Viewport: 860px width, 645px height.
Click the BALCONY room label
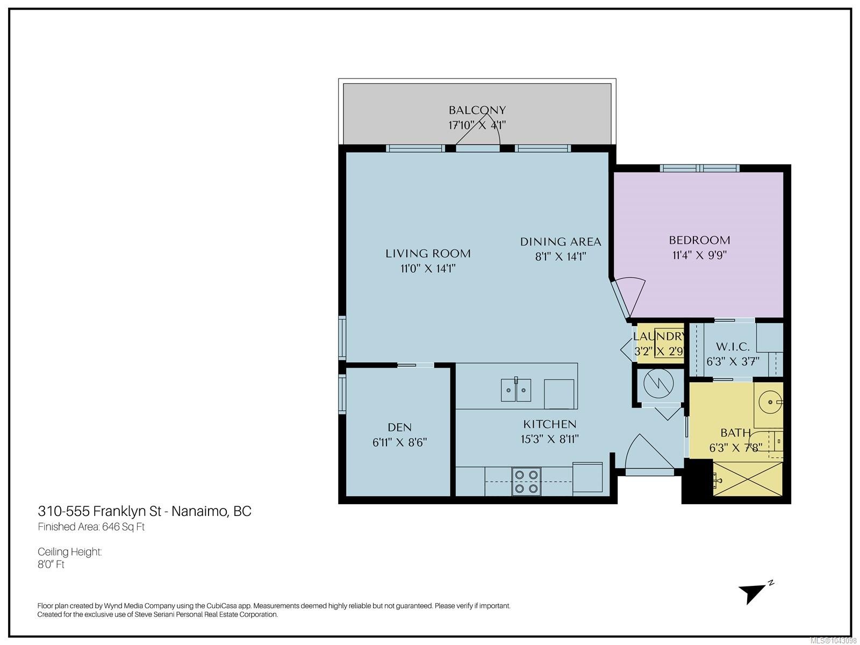click(x=477, y=110)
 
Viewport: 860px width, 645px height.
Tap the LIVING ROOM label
click(x=428, y=253)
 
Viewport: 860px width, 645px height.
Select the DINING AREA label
click(x=560, y=242)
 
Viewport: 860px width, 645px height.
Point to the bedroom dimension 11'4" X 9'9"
click(x=699, y=255)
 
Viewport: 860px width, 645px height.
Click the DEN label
click(x=400, y=427)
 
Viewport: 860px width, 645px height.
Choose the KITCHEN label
click(x=550, y=424)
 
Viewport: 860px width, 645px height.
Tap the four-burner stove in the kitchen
click(x=526, y=481)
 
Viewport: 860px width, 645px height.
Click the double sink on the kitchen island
click(x=516, y=390)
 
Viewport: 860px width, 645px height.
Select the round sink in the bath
click(x=770, y=402)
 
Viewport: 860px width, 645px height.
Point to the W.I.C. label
click(x=733, y=346)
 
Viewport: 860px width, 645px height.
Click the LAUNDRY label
click(x=658, y=336)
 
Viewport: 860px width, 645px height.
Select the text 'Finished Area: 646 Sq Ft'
click(x=91, y=527)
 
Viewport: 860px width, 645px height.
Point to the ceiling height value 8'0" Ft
click(x=51, y=564)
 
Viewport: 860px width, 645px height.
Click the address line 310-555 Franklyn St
click(x=99, y=511)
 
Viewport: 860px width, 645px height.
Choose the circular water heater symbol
click(x=658, y=384)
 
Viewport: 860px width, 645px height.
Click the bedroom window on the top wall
click(x=700, y=168)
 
